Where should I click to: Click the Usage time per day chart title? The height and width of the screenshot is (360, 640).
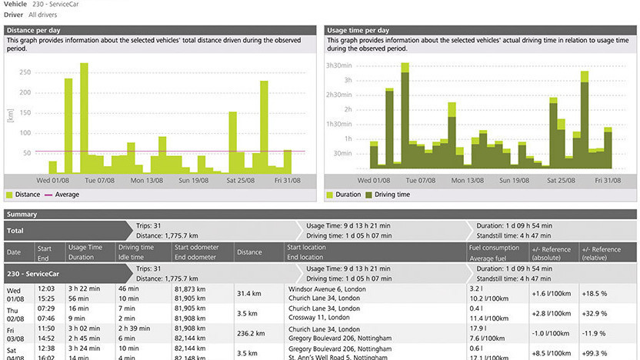[x=358, y=30]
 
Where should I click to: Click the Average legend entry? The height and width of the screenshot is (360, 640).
[x=66, y=195]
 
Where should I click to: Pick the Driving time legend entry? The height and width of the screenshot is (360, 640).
[x=392, y=195]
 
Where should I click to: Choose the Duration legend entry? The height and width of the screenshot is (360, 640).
[x=348, y=195]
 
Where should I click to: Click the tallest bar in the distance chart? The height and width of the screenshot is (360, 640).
[x=84, y=115]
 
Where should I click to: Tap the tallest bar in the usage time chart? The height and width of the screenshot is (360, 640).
[x=405, y=115]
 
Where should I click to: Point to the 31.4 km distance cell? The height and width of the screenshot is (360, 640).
[x=250, y=293]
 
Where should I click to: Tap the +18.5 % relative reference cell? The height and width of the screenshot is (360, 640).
[x=595, y=293]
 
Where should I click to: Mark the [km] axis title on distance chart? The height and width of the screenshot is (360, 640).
[x=9, y=115]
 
